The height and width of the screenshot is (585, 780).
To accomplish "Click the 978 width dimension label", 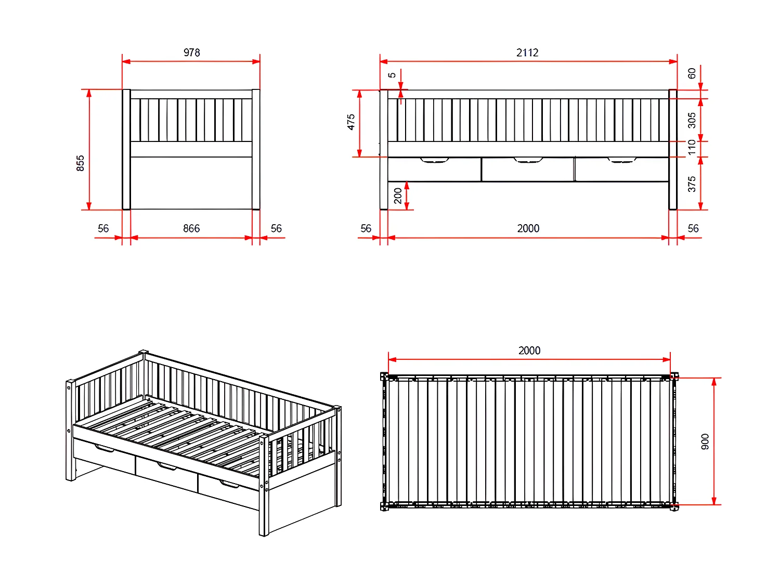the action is pyautogui.click(x=191, y=53).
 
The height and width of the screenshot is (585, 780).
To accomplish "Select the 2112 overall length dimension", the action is pyautogui.click(x=527, y=53).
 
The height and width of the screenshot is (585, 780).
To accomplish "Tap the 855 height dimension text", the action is pyautogui.click(x=80, y=163).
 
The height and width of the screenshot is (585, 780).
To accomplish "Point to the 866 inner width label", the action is pyautogui.click(x=191, y=228).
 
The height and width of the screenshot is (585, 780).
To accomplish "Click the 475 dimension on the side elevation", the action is pyautogui.click(x=350, y=122).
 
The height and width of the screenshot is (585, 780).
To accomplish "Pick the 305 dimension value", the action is pyautogui.click(x=692, y=120).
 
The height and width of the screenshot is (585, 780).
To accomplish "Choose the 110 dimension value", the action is pyautogui.click(x=692, y=147).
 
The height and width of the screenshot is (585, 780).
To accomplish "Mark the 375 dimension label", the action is pyautogui.click(x=692, y=184).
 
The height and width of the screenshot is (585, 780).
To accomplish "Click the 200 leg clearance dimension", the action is pyautogui.click(x=398, y=196).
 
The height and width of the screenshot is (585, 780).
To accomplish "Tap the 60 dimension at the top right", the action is pyautogui.click(x=692, y=73).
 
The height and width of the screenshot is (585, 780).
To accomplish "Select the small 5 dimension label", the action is pyautogui.click(x=392, y=75).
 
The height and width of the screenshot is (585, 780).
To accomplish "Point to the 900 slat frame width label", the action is pyautogui.click(x=705, y=441).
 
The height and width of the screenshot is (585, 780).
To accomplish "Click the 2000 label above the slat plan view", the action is pyautogui.click(x=529, y=350).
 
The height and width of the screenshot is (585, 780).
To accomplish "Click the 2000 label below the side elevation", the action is pyautogui.click(x=528, y=228).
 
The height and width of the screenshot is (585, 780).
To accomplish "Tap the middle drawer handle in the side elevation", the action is pyautogui.click(x=528, y=160).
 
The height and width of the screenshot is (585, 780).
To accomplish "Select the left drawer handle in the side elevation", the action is pyautogui.click(x=434, y=160).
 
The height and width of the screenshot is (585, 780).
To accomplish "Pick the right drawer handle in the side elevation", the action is pyautogui.click(x=622, y=160).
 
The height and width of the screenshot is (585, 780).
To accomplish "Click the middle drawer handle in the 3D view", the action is pyautogui.click(x=167, y=466).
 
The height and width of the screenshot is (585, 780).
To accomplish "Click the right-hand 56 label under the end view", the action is pyautogui.click(x=276, y=228).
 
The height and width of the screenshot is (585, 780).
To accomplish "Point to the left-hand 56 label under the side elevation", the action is pyautogui.click(x=366, y=228).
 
